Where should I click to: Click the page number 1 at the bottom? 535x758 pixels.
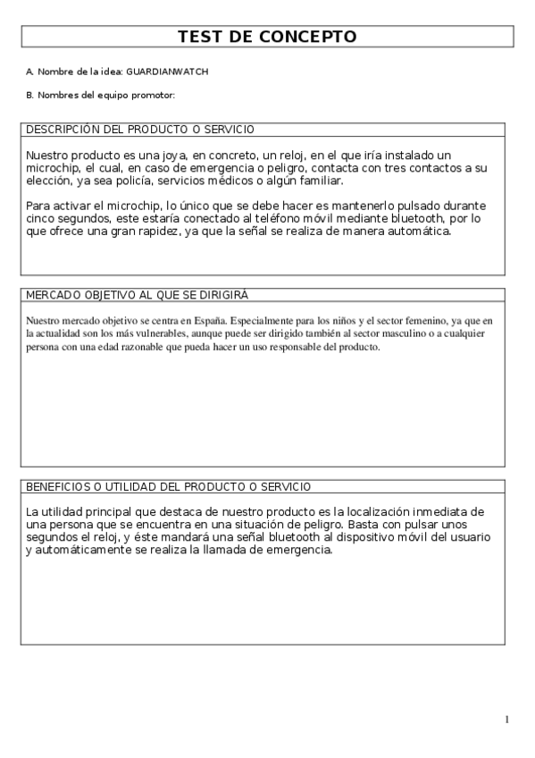pyautogui.click(x=506, y=720)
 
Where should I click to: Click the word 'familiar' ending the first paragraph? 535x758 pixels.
pyautogui.click(x=322, y=181)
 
